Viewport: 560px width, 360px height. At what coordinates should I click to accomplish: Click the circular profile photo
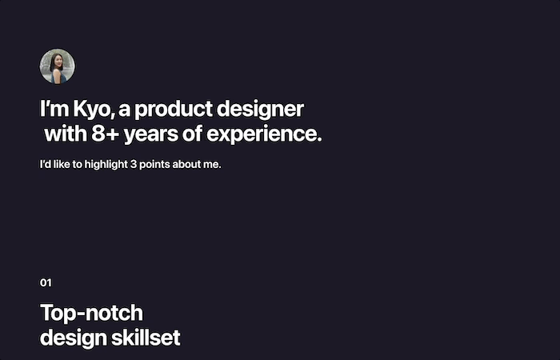point(57,66)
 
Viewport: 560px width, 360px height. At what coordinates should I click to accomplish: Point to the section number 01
point(46,283)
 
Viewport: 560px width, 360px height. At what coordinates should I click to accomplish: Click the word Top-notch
point(92,314)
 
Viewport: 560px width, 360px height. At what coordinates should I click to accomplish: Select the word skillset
point(146,338)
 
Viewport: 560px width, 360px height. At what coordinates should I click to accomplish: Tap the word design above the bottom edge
point(74,338)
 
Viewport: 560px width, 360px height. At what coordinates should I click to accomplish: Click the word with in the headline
point(66,134)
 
